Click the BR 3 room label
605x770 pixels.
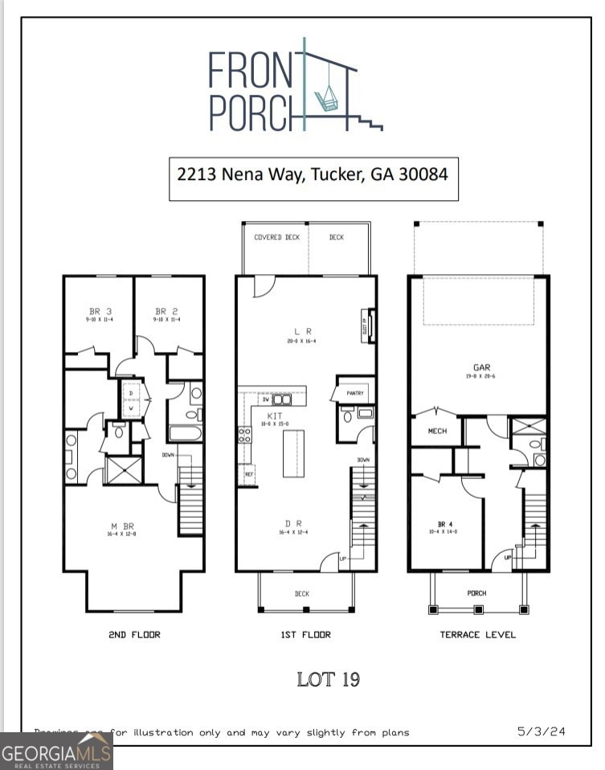[x=99, y=311]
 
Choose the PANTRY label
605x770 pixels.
[x=355, y=394]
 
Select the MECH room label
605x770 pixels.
[x=436, y=432]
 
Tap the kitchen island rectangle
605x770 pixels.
[x=293, y=454]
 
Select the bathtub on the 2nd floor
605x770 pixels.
[x=185, y=433]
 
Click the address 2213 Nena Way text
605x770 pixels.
[x=313, y=174]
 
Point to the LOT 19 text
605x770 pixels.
[x=328, y=679]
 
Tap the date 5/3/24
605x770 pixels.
[x=541, y=731]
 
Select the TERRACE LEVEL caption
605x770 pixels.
[x=477, y=634]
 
